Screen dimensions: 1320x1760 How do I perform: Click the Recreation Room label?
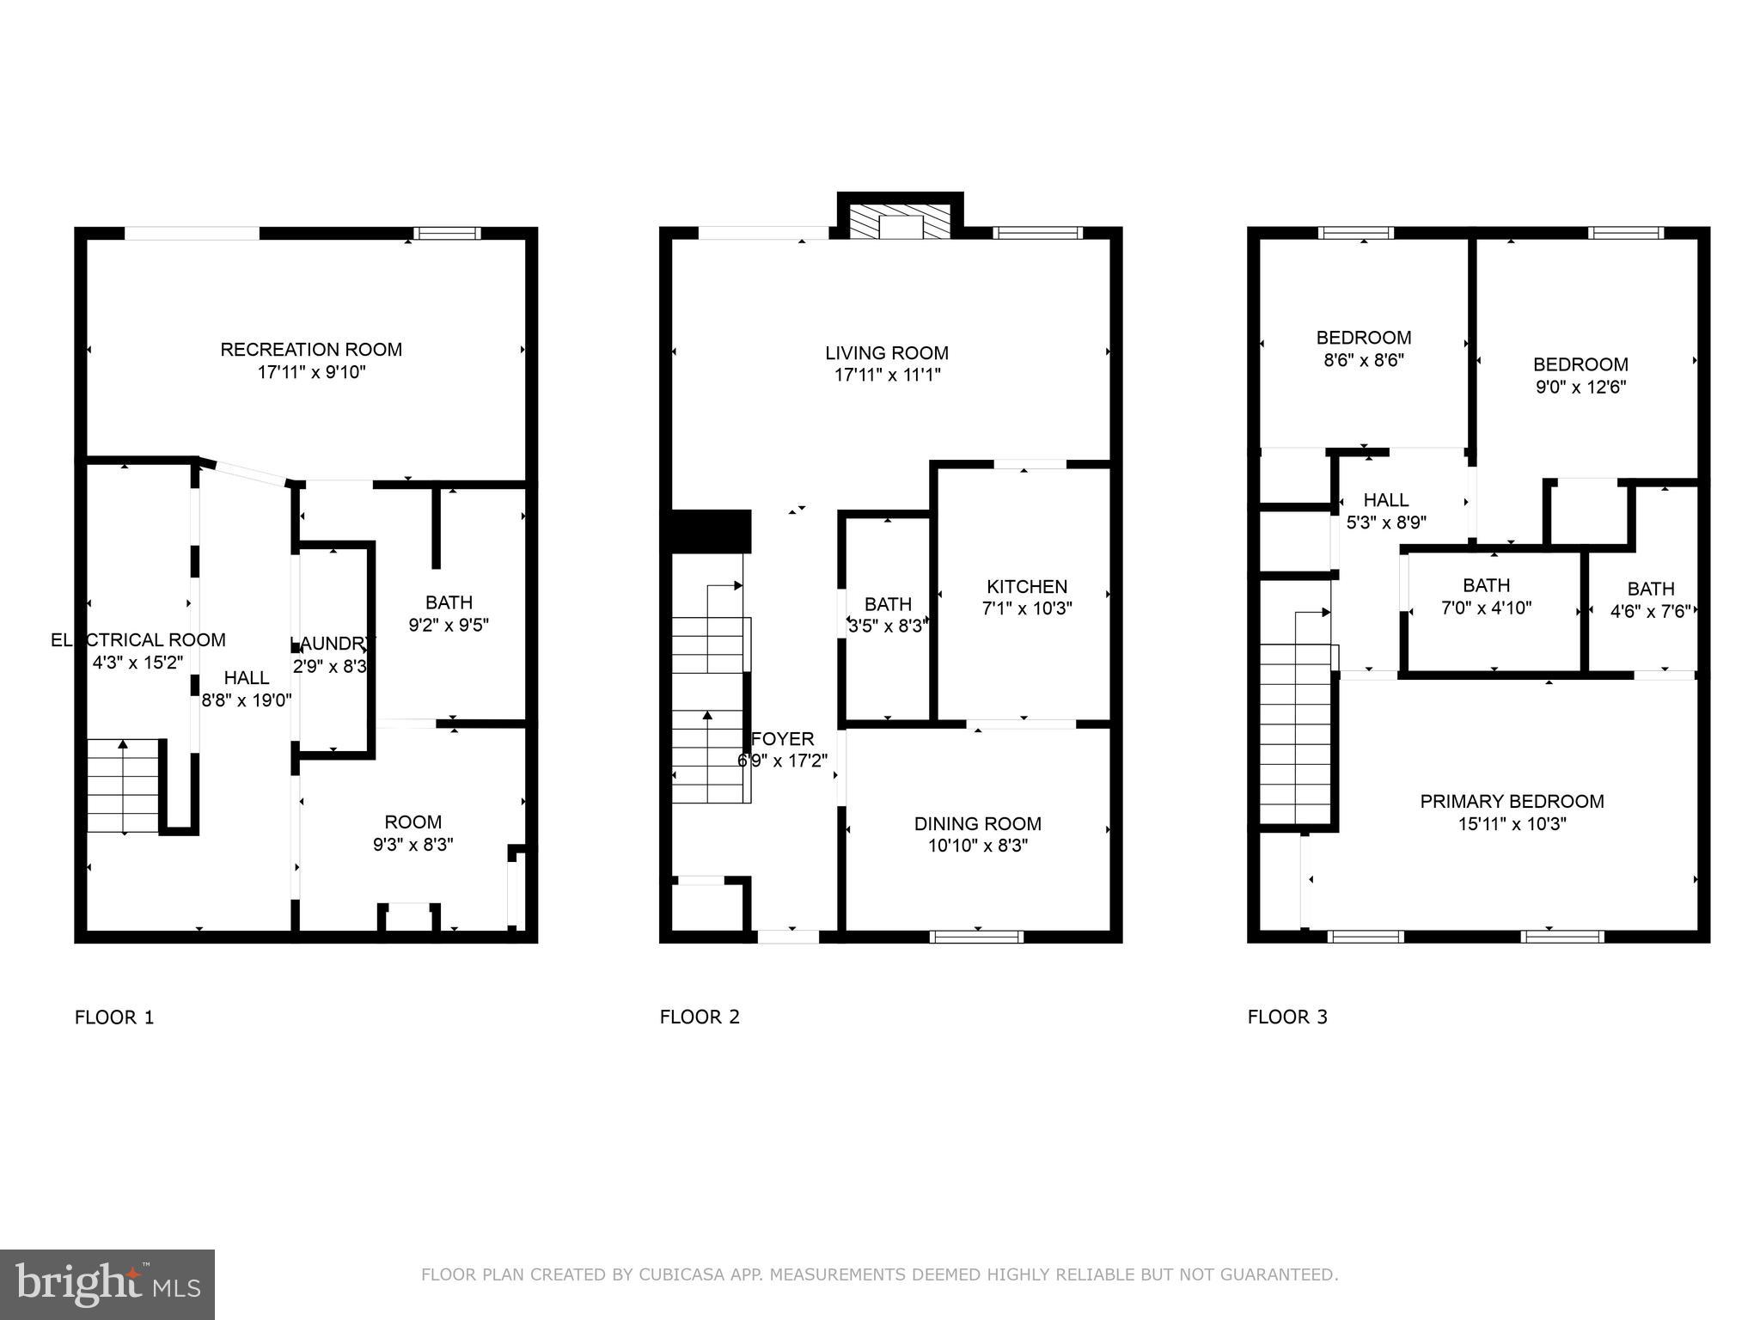tap(311, 350)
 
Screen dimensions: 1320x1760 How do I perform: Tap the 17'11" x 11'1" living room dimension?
tap(887, 376)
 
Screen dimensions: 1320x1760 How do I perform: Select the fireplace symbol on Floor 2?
tap(900, 222)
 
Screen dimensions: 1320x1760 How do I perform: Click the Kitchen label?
tap(1027, 587)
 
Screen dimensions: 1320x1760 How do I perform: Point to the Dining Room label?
tap(978, 824)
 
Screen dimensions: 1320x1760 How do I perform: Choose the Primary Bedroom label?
tap(1512, 802)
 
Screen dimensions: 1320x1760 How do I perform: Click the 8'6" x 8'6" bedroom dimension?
tap(1364, 360)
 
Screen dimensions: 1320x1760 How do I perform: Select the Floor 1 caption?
tap(114, 1017)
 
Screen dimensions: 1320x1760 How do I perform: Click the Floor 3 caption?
tap(1287, 1017)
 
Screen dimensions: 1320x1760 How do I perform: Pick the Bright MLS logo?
tap(107, 1284)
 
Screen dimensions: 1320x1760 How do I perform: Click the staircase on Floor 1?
tap(124, 786)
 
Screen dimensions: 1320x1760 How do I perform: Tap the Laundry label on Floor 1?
tap(332, 644)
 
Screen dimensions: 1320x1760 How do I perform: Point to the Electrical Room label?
tap(138, 640)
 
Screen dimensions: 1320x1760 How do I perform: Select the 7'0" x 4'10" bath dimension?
tap(1486, 608)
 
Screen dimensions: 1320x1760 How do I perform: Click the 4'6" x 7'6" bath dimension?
tap(1650, 611)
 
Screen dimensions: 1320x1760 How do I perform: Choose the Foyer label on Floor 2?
tap(782, 739)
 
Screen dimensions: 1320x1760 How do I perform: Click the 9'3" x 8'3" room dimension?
tap(412, 845)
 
